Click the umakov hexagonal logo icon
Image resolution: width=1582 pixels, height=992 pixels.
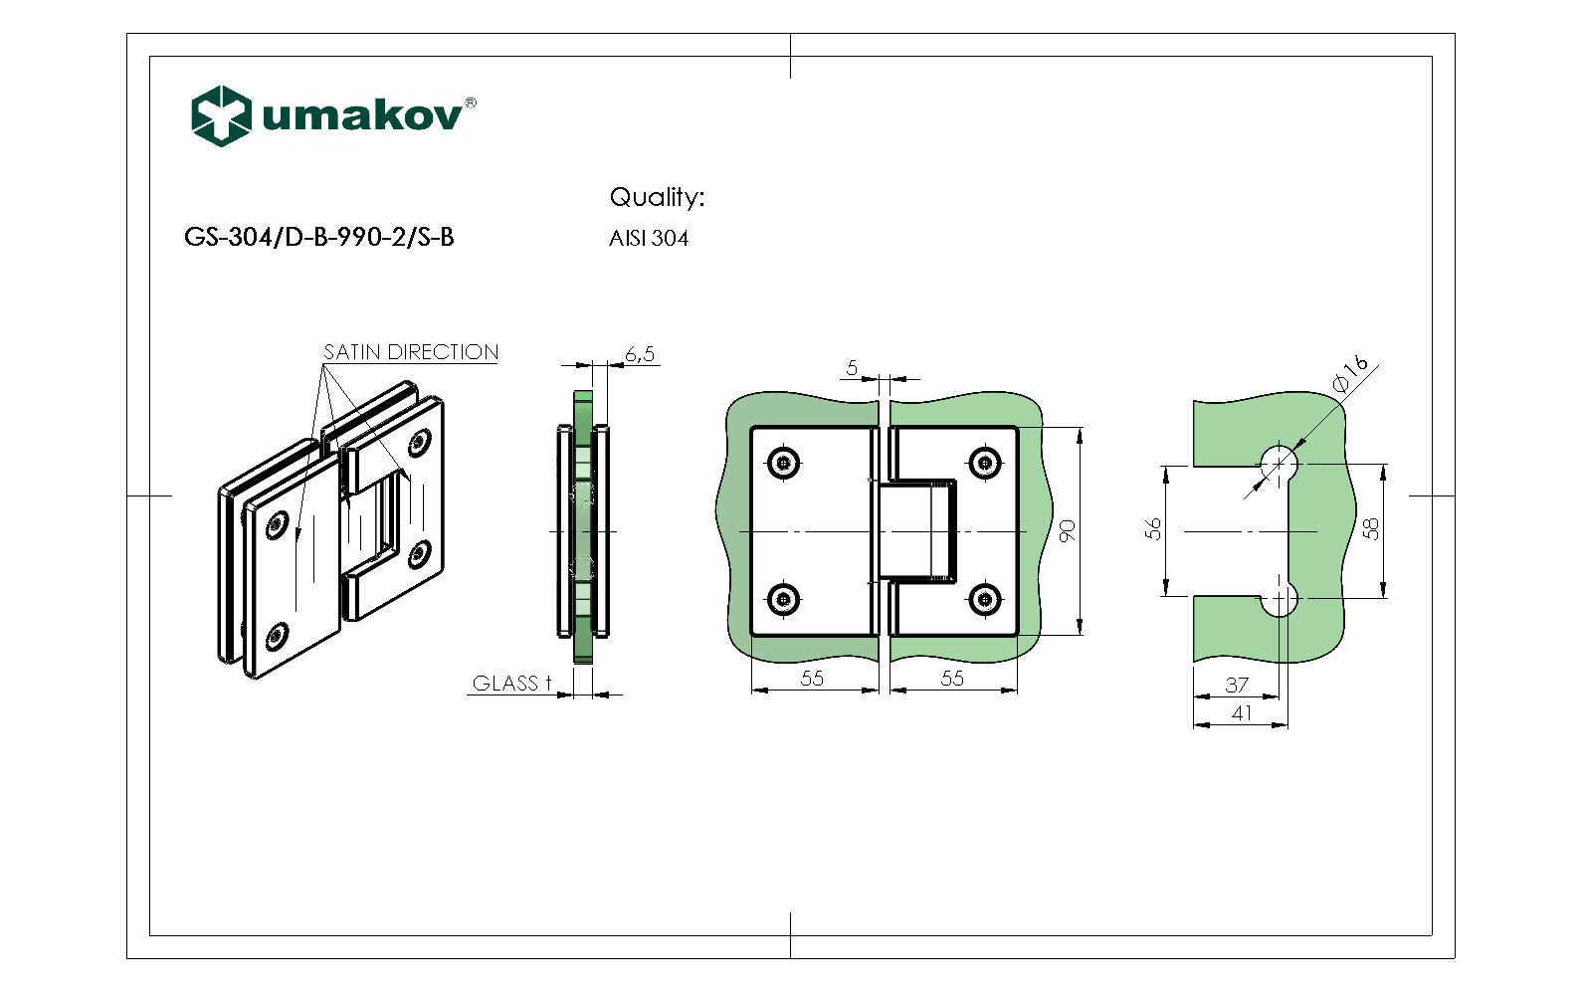[x=220, y=115]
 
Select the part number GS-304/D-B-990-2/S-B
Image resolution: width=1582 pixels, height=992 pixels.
[x=318, y=237]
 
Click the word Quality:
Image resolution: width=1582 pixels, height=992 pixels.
[x=656, y=197]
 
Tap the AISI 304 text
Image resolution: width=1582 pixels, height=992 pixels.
[x=648, y=239]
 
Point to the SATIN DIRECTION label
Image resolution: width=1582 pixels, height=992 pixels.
[x=410, y=352]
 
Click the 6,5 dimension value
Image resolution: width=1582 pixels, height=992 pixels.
[x=640, y=353]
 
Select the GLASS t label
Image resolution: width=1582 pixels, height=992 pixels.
[x=510, y=684]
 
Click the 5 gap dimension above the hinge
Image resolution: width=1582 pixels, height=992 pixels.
[x=852, y=368]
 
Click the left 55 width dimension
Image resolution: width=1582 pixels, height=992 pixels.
[x=812, y=678]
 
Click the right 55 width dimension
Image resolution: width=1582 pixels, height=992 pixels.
[x=952, y=678]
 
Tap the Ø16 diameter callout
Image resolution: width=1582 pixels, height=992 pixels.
[x=1350, y=374]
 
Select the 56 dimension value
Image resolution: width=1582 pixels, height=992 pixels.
[x=1153, y=528]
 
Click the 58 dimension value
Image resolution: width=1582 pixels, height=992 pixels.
[x=1371, y=528]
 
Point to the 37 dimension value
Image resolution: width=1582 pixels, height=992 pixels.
[x=1236, y=685]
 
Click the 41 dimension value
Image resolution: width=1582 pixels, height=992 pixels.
[x=1241, y=712]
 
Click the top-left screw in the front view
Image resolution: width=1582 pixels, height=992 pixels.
[x=784, y=462]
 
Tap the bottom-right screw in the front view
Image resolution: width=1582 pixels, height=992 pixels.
[x=984, y=599]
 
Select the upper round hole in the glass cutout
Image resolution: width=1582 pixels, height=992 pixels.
[x=1280, y=463]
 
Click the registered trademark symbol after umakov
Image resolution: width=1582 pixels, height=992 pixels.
[x=471, y=102]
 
